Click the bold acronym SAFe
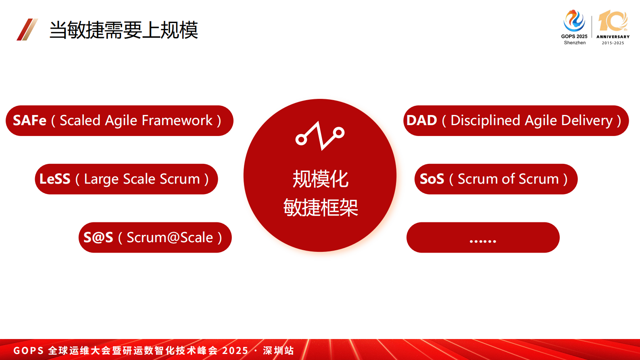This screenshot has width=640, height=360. [29, 120]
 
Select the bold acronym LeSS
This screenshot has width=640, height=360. [54, 179]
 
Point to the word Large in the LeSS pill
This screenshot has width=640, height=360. [101, 180]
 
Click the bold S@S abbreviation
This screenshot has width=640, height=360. [98, 238]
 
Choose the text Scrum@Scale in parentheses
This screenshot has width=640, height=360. [170, 238]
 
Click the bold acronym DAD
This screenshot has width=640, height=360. [422, 120]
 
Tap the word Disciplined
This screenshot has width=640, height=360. [485, 121]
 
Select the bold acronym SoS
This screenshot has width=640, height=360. [432, 179]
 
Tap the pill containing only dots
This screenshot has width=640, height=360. [483, 237]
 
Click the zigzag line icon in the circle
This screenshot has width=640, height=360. [320, 136]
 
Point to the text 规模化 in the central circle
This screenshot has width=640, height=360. [320, 179]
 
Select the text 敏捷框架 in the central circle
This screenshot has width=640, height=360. [320, 207]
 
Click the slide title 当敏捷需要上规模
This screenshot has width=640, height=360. [123, 30]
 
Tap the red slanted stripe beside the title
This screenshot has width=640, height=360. [27, 29]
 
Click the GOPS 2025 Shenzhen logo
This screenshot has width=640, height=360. [574, 27]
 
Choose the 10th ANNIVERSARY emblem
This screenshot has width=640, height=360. [613, 27]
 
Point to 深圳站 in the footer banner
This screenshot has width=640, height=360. [278, 351]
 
